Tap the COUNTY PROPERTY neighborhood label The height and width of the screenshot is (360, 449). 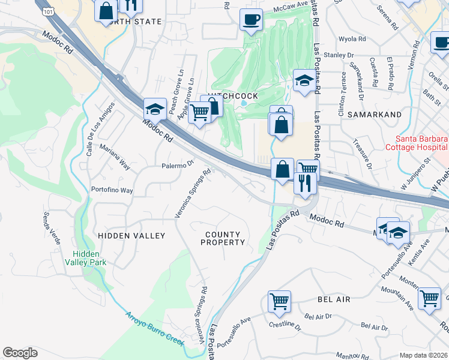[222, 238]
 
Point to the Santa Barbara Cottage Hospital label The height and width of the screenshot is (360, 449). [416, 143]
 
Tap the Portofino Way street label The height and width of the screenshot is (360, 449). [112, 190]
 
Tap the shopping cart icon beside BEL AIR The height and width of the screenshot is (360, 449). [280, 301]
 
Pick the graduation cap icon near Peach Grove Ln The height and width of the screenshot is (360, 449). [155, 110]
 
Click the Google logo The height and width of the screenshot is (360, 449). [20, 353]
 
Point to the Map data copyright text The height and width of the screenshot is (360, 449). [423, 355]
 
